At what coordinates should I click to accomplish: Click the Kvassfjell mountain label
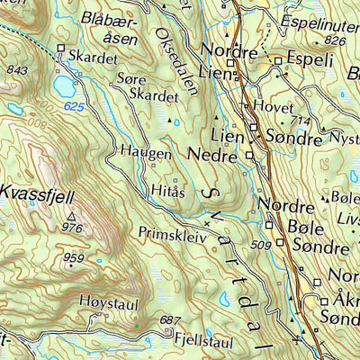click(x=35, y=193)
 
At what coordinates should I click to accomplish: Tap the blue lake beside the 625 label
click(x=65, y=87)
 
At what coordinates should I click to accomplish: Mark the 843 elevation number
click(x=16, y=69)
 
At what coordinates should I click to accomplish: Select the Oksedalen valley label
click(x=168, y=58)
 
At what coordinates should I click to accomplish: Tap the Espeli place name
click(x=310, y=60)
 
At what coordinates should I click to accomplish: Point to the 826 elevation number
click(x=337, y=40)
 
